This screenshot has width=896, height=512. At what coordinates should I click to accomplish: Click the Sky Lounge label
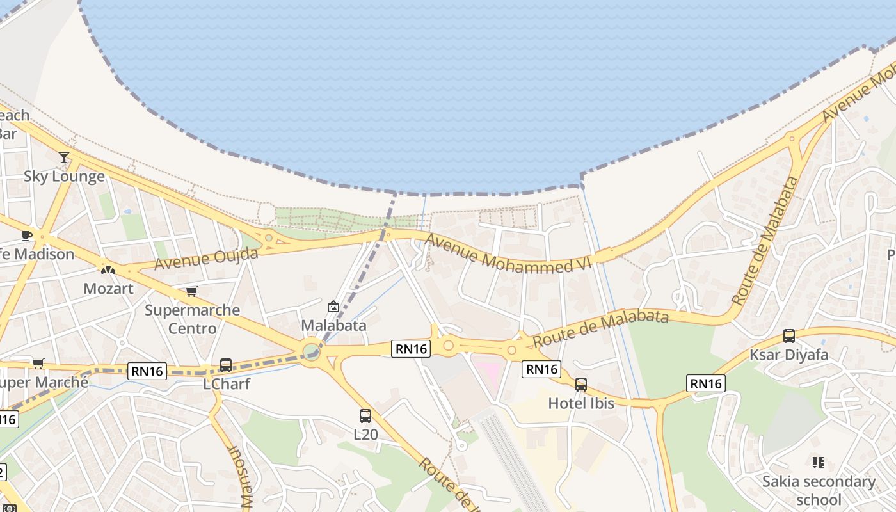pyautogui.click(x=64, y=176)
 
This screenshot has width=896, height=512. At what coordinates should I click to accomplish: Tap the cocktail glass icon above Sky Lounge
pyautogui.click(x=64, y=157)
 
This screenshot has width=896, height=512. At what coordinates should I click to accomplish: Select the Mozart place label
pyautogui.click(x=108, y=288)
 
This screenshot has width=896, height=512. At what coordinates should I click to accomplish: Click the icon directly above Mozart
pyautogui.click(x=108, y=269)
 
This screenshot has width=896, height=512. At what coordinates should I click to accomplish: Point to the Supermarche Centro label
pyautogui.click(x=192, y=319)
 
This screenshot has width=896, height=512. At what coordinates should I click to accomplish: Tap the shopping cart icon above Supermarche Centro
pyautogui.click(x=191, y=292)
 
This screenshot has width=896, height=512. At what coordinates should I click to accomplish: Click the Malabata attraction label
pyautogui.click(x=333, y=325)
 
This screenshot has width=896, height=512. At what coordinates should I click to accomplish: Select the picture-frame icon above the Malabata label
pyautogui.click(x=333, y=307)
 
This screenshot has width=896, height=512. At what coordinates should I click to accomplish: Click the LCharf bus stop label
pyautogui.click(x=226, y=384)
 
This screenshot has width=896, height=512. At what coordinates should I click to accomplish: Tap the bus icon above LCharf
pyautogui.click(x=226, y=365)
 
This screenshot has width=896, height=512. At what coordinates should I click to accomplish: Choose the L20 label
pyautogui.click(x=365, y=435)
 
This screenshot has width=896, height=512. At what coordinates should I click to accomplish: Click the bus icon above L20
pyautogui.click(x=365, y=416)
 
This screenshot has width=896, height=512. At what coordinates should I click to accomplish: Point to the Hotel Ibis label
pyautogui.click(x=581, y=403)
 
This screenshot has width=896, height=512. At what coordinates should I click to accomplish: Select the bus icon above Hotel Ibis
pyautogui.click(x=581, y=385)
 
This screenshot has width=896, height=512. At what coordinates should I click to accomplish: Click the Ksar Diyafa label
pyautogui.click(x=788, y=355)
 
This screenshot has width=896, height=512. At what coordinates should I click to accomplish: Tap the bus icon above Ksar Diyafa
pyautogui.click(x=789, y=336)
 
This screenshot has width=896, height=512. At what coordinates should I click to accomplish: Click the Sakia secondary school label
pyautogui.click(x=819, y=490)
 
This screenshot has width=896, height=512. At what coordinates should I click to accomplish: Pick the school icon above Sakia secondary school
pyautogui.click(x=819, y=462)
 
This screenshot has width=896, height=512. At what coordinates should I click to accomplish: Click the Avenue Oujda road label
pyautogui.click(x=206, y=258)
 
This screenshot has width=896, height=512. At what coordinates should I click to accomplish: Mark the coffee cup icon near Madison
pyautogui.click(x=27, y=236)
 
